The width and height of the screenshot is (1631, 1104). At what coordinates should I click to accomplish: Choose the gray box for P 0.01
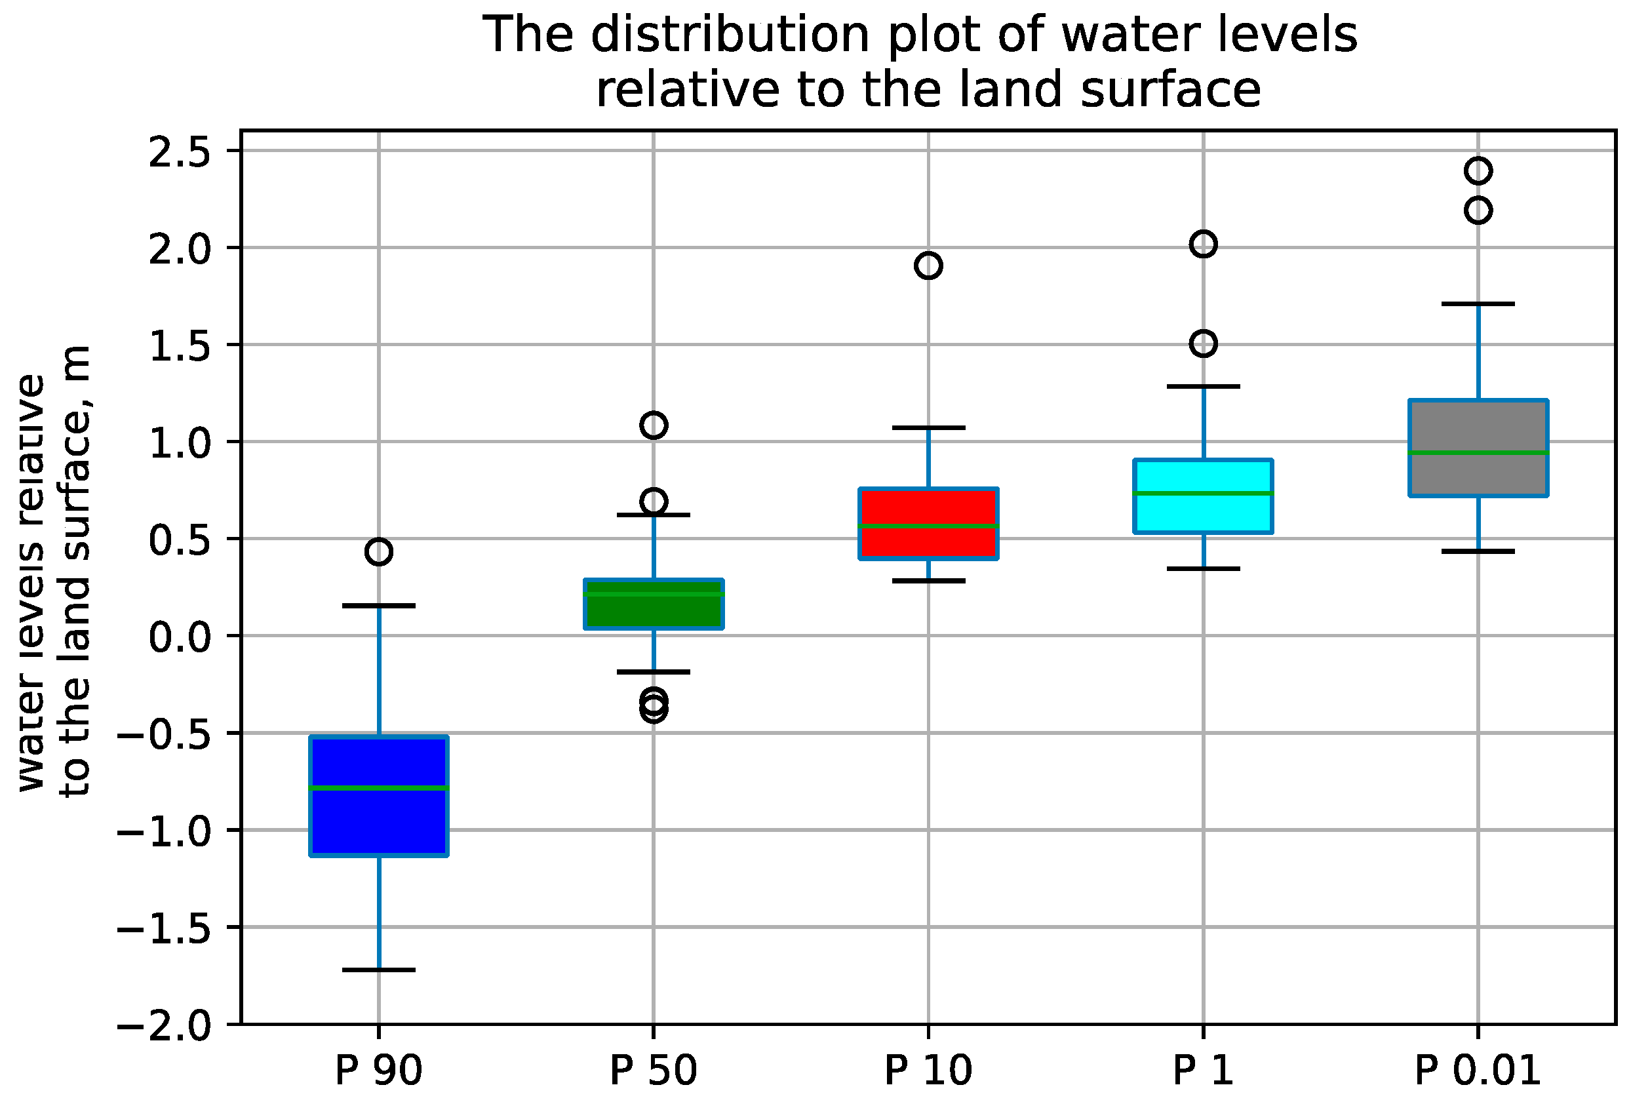pos(1478,428)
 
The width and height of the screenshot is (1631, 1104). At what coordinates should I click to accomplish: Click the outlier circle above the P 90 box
pos(378,551)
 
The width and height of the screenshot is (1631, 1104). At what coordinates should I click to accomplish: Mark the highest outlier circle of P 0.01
pos(1478,170)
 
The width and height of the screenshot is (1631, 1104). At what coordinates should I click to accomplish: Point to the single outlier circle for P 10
pos(928,266)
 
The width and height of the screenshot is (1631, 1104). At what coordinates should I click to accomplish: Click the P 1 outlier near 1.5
pos(1203,344)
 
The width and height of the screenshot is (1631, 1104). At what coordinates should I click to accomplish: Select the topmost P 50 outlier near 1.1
pos(653,425)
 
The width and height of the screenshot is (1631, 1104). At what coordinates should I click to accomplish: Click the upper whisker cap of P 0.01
pos(1478,304)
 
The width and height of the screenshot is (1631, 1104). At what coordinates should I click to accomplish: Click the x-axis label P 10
pos(928,1071)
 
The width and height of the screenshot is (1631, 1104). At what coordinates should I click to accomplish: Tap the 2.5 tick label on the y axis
pos(179,152)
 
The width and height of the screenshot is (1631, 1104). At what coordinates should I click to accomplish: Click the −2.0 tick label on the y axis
pos(163,1026)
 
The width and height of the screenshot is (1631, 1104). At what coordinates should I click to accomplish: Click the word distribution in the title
pos(730,35)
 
